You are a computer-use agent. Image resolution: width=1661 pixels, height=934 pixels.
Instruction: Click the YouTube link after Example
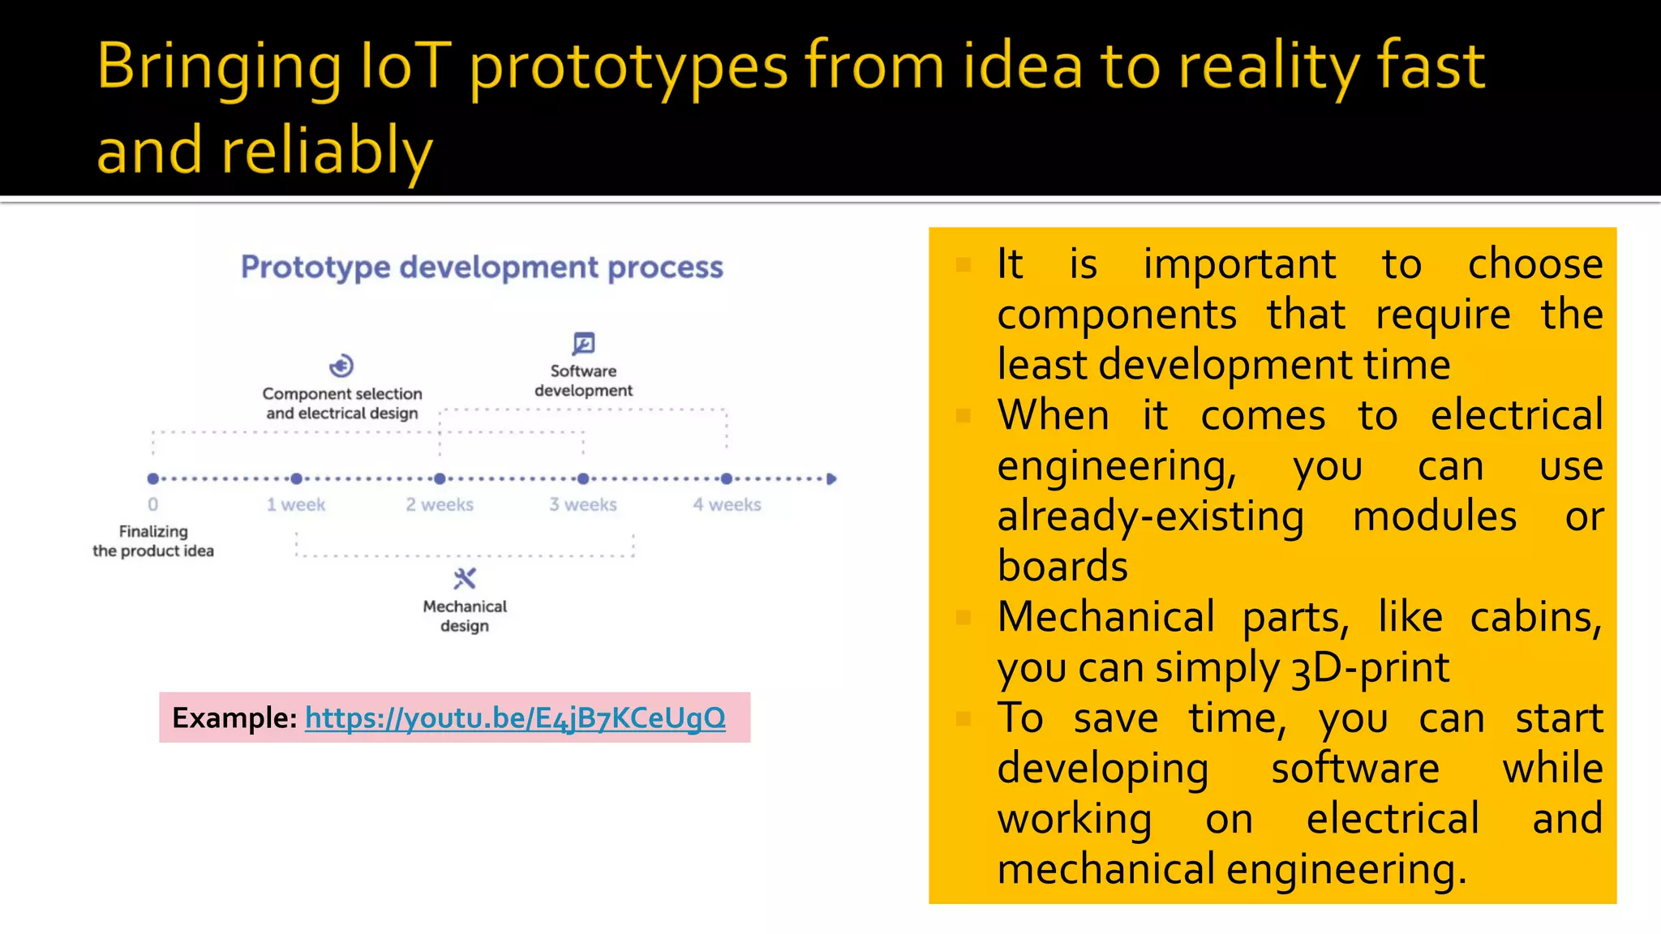[515, 718]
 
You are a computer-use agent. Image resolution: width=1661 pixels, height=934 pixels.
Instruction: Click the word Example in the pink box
[234, 718]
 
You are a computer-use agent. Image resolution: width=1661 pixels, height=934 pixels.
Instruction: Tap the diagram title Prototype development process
[482, 268]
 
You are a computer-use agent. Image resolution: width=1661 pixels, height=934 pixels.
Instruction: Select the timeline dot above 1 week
[297, 479]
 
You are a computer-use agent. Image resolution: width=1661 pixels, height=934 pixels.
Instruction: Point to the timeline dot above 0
[153, 479]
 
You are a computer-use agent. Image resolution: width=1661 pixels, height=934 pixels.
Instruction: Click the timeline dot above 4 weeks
[727, 479]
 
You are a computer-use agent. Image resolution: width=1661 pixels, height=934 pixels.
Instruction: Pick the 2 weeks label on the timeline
[440, 504]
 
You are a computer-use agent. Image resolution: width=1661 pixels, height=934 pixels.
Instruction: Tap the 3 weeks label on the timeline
[583, 504]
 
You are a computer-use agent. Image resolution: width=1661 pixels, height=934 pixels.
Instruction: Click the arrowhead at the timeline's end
[831, 479]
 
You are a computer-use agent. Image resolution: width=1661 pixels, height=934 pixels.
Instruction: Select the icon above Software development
[583, 344]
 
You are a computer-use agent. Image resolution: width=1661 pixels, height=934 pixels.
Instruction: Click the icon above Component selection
[341, 366]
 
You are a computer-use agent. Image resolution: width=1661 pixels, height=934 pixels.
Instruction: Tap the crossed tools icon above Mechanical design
[465, 579]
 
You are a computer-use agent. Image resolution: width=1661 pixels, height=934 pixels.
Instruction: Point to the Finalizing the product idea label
[153, 541]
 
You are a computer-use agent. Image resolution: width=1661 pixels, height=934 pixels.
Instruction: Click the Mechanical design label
[465, 616]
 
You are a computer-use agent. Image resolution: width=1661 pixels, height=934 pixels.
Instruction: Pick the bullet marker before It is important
[964, 265]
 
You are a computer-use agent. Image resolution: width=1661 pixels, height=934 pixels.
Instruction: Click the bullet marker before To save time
[964, 718]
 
